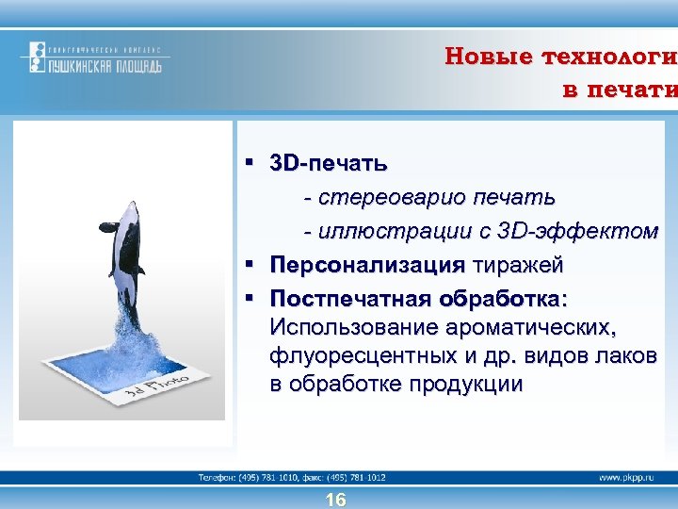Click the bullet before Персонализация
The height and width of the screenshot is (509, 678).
click(250, 266)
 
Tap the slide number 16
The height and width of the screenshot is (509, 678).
click(335, 500)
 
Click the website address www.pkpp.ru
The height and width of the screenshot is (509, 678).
click(627, 478)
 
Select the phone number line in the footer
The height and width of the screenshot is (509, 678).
click(292, 478)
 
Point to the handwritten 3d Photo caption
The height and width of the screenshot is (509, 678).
click(166, 386)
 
